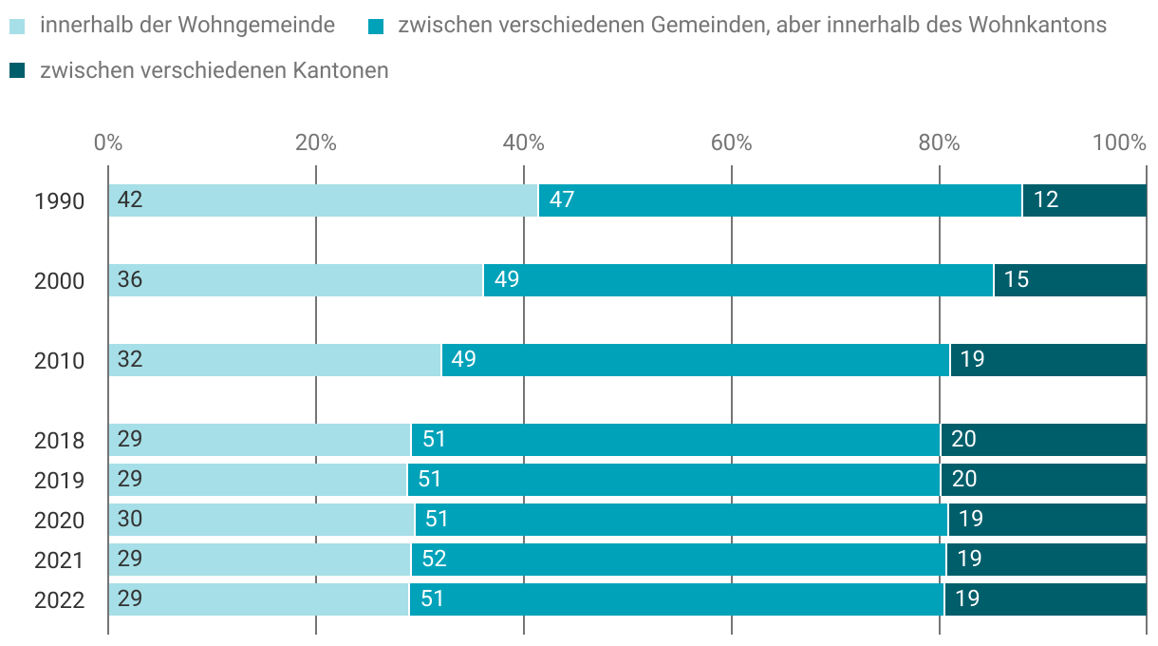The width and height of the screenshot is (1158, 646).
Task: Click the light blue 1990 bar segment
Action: tap(323, 200)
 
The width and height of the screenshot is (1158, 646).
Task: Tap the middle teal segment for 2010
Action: tap(696, 360)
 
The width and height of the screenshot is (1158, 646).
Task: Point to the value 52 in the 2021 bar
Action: tap(434, 560)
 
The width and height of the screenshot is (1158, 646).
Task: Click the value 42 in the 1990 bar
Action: tap(130, 200)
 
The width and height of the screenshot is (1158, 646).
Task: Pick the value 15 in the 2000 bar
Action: tap(1017, 280)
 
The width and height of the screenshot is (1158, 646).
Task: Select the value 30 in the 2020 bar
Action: tap(130, 520)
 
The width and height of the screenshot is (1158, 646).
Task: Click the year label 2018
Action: tap(59, 441)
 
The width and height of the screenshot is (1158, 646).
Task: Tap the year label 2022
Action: tap(59, 600)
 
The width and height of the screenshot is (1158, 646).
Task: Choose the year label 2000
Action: tap(59, 281)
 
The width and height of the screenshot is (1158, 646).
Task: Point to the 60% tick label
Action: tap(731, 143)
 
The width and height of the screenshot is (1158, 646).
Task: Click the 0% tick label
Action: tap(108, 143)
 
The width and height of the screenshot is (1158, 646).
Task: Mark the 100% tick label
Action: tap(1119, 143)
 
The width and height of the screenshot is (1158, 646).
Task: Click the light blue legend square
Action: tap(17, 26)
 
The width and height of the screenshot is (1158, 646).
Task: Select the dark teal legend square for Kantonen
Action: tap(17, 70)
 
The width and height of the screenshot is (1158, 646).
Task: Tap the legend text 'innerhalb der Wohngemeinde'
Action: tap(187, 26)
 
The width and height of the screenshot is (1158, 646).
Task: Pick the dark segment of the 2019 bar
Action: tap(1044, 480)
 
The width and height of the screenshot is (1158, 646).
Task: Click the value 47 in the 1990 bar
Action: tap(562, 200)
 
